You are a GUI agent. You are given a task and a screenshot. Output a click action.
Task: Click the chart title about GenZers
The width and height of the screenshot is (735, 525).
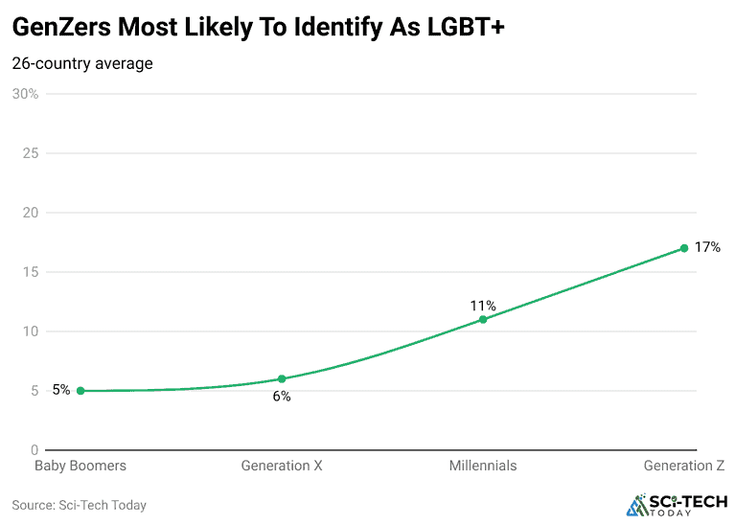coord(258,28)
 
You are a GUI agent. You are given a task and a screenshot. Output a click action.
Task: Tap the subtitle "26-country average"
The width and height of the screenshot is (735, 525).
coord(82,64)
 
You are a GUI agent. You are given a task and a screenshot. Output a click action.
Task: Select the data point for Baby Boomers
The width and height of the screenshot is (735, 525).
coord(80,391)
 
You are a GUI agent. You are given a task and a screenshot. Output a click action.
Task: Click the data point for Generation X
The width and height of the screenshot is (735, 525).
coord(282,379)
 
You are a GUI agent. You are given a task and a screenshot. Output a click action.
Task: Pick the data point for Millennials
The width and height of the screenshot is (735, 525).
coord(483,319)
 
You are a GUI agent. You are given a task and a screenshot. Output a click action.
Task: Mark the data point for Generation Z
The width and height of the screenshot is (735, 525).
coord(684,248)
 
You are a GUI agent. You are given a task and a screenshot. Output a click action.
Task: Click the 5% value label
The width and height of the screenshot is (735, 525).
coord(61,390)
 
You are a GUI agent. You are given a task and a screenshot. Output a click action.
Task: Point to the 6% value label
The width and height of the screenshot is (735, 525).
coord(282,397)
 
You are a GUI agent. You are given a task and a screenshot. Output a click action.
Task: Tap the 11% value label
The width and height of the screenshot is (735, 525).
coord(483,306)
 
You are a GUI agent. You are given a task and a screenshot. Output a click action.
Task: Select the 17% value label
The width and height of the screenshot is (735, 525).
coord(707,247)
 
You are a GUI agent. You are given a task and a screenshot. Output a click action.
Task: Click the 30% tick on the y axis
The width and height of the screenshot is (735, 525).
coord(25,94)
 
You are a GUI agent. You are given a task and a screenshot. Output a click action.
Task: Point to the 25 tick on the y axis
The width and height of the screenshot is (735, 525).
coord(31,153)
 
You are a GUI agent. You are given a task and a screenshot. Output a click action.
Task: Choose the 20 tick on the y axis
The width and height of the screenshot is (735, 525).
coord(31,213)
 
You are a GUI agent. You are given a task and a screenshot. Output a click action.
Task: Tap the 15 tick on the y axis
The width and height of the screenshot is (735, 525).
coord(31,272)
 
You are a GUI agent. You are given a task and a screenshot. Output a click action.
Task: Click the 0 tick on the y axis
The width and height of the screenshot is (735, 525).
coord(34,450)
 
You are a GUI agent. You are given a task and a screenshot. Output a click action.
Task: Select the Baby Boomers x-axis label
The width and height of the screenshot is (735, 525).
coord(80,466)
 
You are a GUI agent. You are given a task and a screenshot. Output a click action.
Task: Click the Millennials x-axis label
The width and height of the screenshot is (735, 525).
coord(483,466)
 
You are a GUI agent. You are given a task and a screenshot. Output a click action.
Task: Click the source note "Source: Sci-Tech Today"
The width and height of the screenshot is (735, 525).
coord(79,505)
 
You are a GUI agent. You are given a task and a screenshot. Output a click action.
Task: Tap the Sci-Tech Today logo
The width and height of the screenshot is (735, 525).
coord(677,505)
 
